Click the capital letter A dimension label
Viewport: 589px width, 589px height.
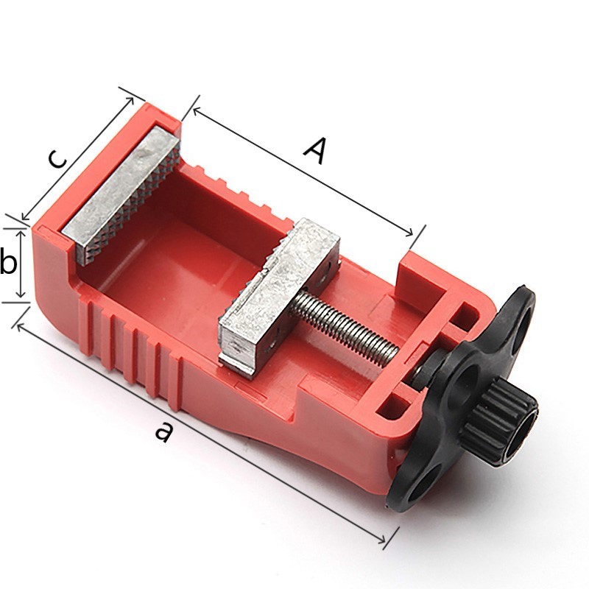(315, 151)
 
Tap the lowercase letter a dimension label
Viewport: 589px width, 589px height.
(164, 431)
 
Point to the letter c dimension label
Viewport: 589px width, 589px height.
(57, 159)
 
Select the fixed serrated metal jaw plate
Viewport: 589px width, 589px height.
(121, 196)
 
